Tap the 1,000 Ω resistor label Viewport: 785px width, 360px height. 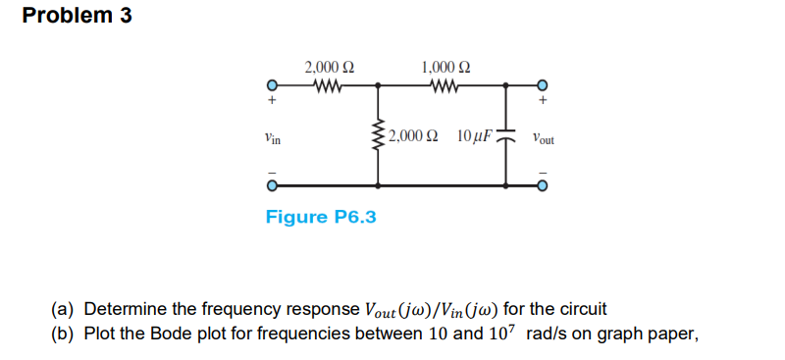(x=445, y=68)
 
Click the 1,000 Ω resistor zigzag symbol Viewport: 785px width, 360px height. (x=445, y=85)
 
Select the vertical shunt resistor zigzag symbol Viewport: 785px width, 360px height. (x=377, y=135)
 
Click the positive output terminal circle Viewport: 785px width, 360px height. (x=540, y=85)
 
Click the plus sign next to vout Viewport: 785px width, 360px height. (x=541, y=101)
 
